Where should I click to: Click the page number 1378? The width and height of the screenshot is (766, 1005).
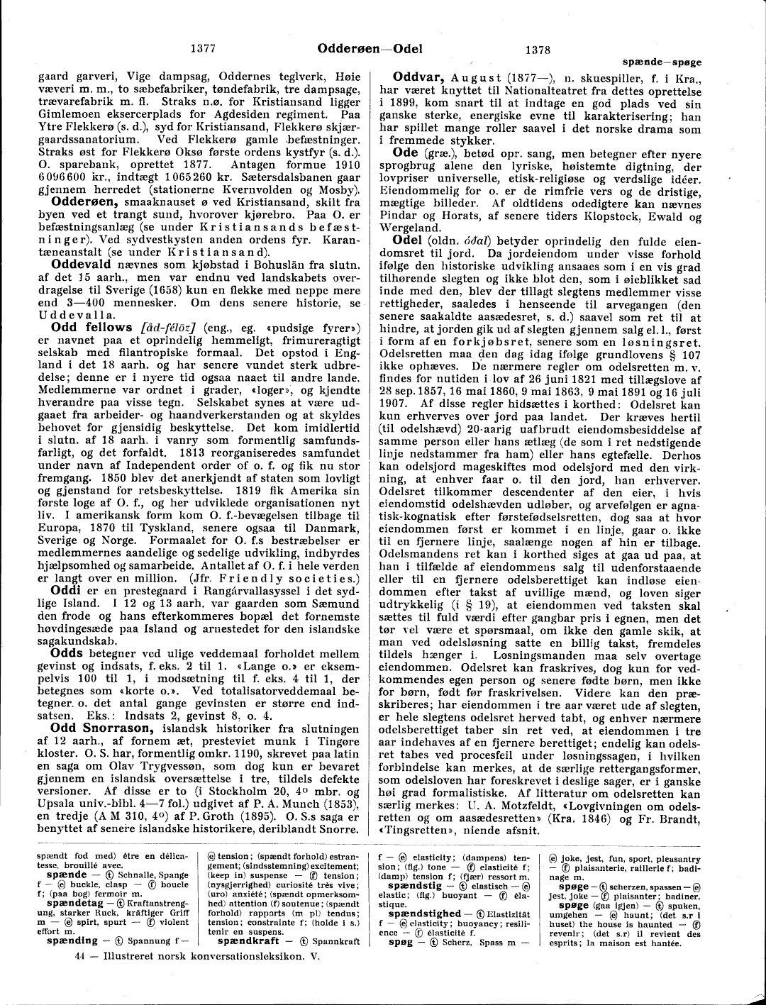[x=538, y=50]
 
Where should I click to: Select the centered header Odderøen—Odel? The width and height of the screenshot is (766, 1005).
[x=370, y=49]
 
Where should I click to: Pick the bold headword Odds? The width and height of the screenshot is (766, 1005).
[x=68, y=631]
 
